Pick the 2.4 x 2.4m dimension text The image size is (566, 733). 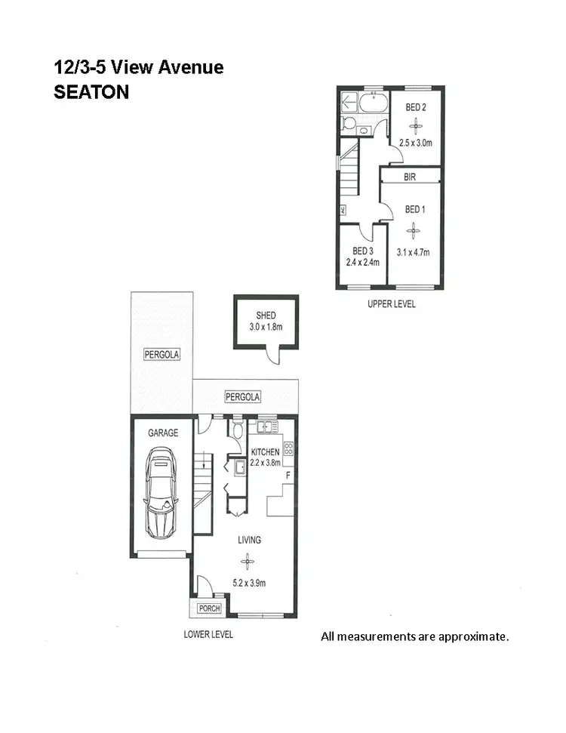[x=362, y=263]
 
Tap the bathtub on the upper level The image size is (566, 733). [x=372, y=103]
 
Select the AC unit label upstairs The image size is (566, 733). [x=343, y=210]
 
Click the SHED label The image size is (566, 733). [x=265, y=316]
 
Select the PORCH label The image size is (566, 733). [x=208, y=608]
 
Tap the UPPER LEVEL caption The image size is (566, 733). [x=391, y=304]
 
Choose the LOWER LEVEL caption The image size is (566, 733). [x=208, y=634]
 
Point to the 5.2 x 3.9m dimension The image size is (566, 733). [x=249, y=583]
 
